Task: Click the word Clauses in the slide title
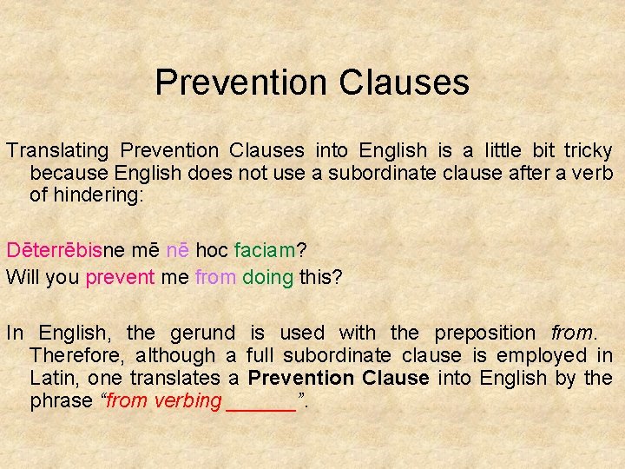[x=405, y=83]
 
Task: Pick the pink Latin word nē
[x=178, y=252]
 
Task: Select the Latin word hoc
[x=212, y=252]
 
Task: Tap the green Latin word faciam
[x=264, y=252]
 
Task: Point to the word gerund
[x=202, y=333]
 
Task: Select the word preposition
[x=485, y=333]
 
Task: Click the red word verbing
[x=187, y=400]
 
